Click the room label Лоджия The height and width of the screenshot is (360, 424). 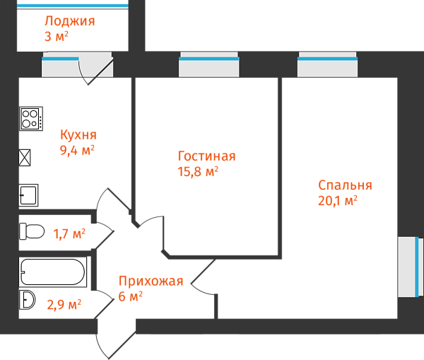point(69,21)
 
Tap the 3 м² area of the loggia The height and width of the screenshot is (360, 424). point(61,36)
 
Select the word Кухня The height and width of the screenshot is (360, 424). point(78,134)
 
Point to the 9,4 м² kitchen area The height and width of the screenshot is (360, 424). point(78,149)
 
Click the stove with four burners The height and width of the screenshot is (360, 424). point(31,118)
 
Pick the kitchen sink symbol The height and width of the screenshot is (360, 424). point(28,194)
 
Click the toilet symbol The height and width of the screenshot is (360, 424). point(33,231)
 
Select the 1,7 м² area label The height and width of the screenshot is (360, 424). point(69,233)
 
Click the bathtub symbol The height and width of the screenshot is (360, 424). point(53,272)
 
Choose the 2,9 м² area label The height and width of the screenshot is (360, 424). point(64,305)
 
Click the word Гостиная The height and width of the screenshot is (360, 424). point(206,156)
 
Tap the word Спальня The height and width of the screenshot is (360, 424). point(345,185)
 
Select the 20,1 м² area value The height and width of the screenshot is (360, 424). point(338,200)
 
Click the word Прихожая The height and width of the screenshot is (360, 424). point(151,281)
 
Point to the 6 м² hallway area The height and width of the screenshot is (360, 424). point(131,296)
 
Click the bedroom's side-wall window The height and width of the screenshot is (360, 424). point(410,267)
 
